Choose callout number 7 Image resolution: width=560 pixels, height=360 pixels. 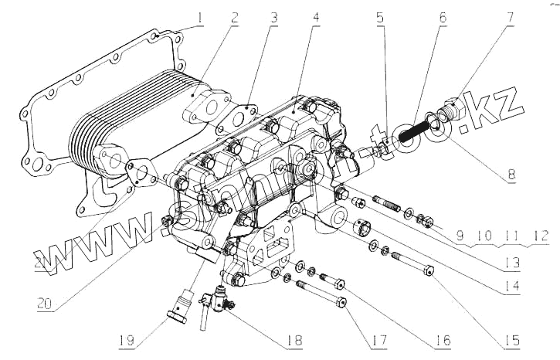510,16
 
